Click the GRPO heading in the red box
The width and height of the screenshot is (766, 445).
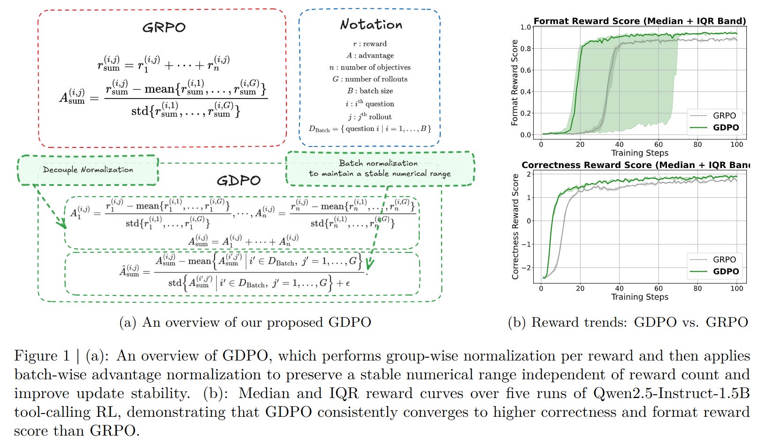point(164,27)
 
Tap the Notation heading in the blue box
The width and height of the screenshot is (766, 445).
point(371,24)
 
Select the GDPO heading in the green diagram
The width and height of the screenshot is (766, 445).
point(238,180)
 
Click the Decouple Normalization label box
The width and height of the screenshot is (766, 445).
point(88,169)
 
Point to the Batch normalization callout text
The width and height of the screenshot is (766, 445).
point(379,168)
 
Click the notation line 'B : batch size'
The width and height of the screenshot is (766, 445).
point(370,91)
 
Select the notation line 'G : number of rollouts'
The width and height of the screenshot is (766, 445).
point(370,79)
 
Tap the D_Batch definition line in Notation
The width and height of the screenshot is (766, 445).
point(370,129)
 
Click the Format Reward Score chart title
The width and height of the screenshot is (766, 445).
point(639,21)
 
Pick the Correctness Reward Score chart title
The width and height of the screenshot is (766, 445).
point(636,165)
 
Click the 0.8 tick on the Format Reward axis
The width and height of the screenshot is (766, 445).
point(526,48)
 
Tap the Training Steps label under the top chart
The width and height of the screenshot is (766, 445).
point(639,153)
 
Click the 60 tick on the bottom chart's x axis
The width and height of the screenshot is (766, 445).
point(659,288)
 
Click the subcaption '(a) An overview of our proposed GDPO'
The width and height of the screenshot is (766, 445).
point(245,322)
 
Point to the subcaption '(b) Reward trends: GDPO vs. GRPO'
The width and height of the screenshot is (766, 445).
point(628,322)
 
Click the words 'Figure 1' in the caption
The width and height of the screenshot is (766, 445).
point(42,356)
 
